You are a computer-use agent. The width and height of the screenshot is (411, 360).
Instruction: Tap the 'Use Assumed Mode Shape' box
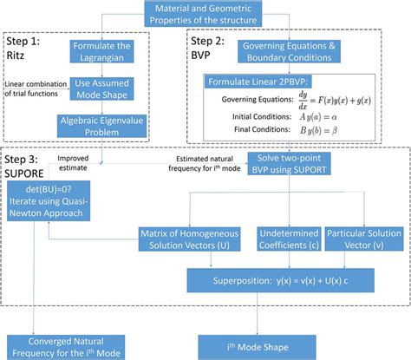101,90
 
